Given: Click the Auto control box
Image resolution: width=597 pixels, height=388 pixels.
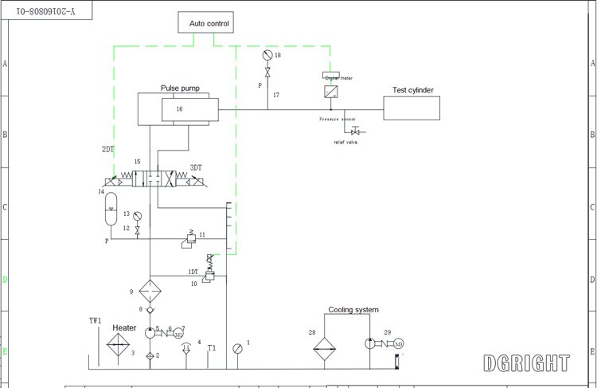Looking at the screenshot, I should [209, 24].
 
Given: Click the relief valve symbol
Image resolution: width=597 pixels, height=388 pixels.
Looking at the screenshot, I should [353, 131].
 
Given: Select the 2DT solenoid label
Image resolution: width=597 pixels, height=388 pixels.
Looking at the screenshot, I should [107, 149].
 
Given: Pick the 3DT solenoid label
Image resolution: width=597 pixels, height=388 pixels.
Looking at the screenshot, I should [196, 168].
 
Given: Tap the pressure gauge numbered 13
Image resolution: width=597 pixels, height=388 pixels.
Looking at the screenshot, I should [138, 215].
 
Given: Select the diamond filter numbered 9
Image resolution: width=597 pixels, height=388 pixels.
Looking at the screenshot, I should [149, 289].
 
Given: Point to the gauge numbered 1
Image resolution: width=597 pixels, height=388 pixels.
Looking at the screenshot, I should [236, 349].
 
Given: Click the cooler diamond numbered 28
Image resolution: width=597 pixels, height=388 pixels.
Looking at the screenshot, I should [325, 344].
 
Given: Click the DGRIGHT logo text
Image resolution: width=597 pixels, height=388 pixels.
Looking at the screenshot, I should [527, 363].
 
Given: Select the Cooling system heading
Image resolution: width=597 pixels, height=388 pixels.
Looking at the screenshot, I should [353, 310].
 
